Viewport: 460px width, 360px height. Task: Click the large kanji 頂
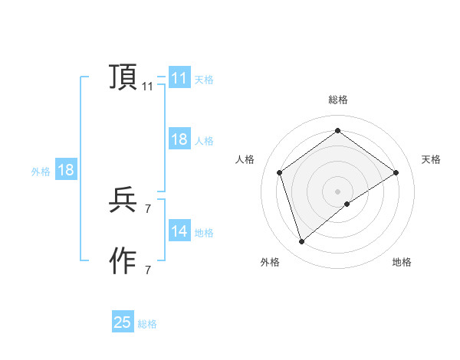(123, 77)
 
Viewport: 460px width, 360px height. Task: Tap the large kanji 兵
(123, 200)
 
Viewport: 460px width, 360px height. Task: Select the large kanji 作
(123, 261)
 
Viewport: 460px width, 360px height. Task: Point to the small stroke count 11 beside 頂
(147, 87)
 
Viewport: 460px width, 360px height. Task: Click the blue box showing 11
(179, 78)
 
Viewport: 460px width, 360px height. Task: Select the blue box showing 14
(179, 231)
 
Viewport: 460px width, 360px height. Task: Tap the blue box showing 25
(123, 322)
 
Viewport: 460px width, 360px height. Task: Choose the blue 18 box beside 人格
(179, 139)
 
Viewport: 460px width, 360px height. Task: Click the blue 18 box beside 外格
(66, 170)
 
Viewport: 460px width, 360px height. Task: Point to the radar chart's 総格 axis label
(337, 100)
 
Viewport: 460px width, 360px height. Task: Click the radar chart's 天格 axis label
(432, 159)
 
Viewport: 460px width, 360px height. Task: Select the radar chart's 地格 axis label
(402, 263)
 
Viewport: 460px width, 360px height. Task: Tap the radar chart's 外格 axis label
(270, 263)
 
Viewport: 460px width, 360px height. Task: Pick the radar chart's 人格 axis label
(245, 159)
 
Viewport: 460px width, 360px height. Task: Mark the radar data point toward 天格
(396, 172)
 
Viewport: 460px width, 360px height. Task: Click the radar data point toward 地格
(347, 204)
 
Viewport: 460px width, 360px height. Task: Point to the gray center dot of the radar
(337, 191)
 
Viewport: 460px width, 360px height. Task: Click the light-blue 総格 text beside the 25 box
(147, 324)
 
